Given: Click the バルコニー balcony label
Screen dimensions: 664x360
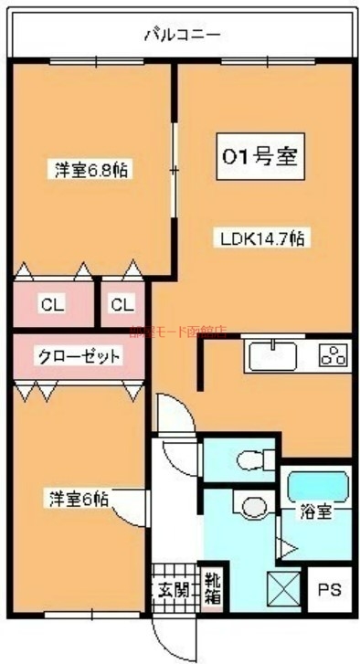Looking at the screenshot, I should pyautogui.click(x=183, y=36).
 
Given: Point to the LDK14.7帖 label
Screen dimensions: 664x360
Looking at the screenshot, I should pyautogui.click(x=261, y=238).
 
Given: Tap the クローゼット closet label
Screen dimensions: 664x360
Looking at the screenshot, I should pyautogui.click(x=79, y=356).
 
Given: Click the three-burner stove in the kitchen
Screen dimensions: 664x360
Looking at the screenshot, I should pyautogui.click(x=333, y=355).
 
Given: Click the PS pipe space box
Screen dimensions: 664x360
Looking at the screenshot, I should pyautogui.click(x=329, y=590).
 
